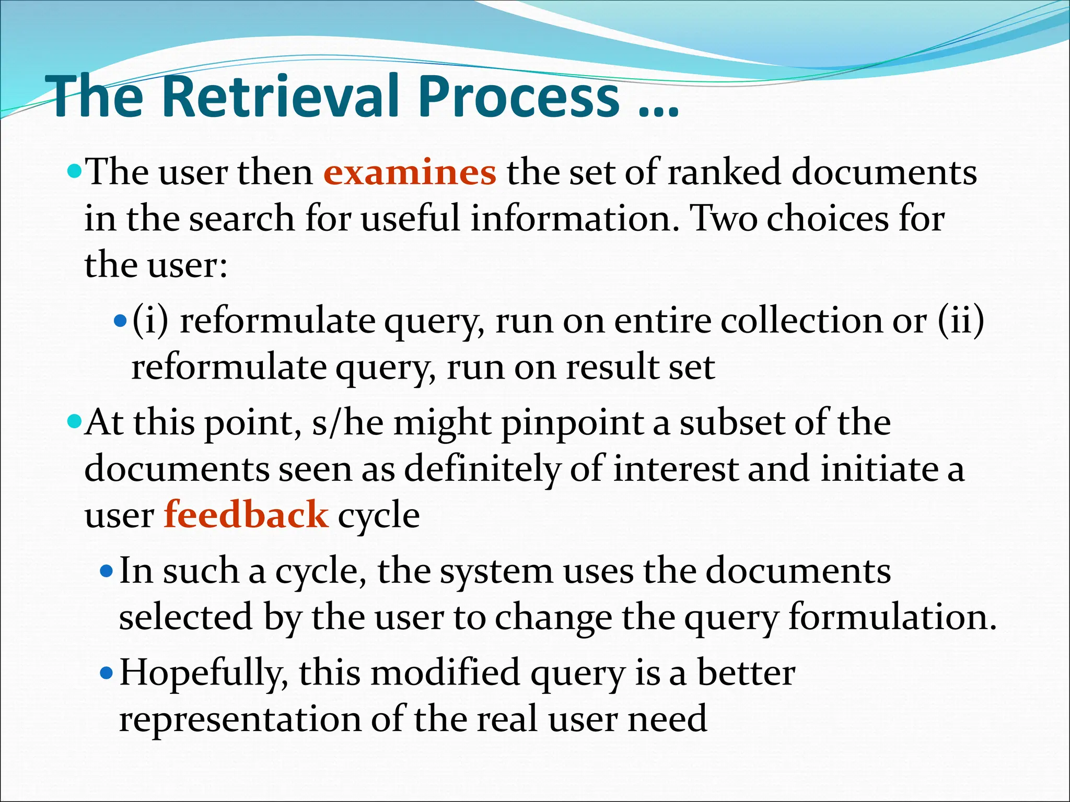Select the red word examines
(410, 172)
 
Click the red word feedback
(246, 515)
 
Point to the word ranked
(724, 172)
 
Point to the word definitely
(481, 469)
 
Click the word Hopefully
(204, 674)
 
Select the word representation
(240, 720)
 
